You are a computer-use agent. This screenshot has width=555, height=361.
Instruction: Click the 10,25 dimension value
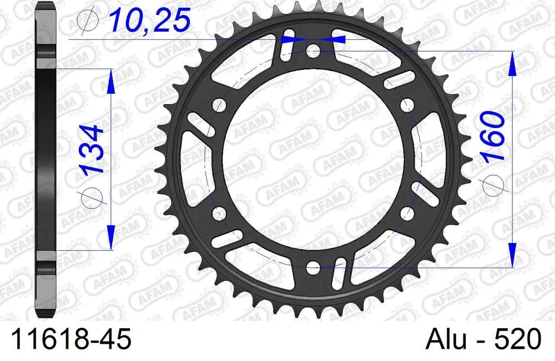[x=149, y=21]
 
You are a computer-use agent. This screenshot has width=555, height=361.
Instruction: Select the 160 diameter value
[x=492, y=136]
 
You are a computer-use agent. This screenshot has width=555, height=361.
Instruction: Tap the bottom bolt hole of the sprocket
[x=313, y=268]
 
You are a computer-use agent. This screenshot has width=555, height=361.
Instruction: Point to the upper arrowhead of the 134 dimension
[x=111, y=80]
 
